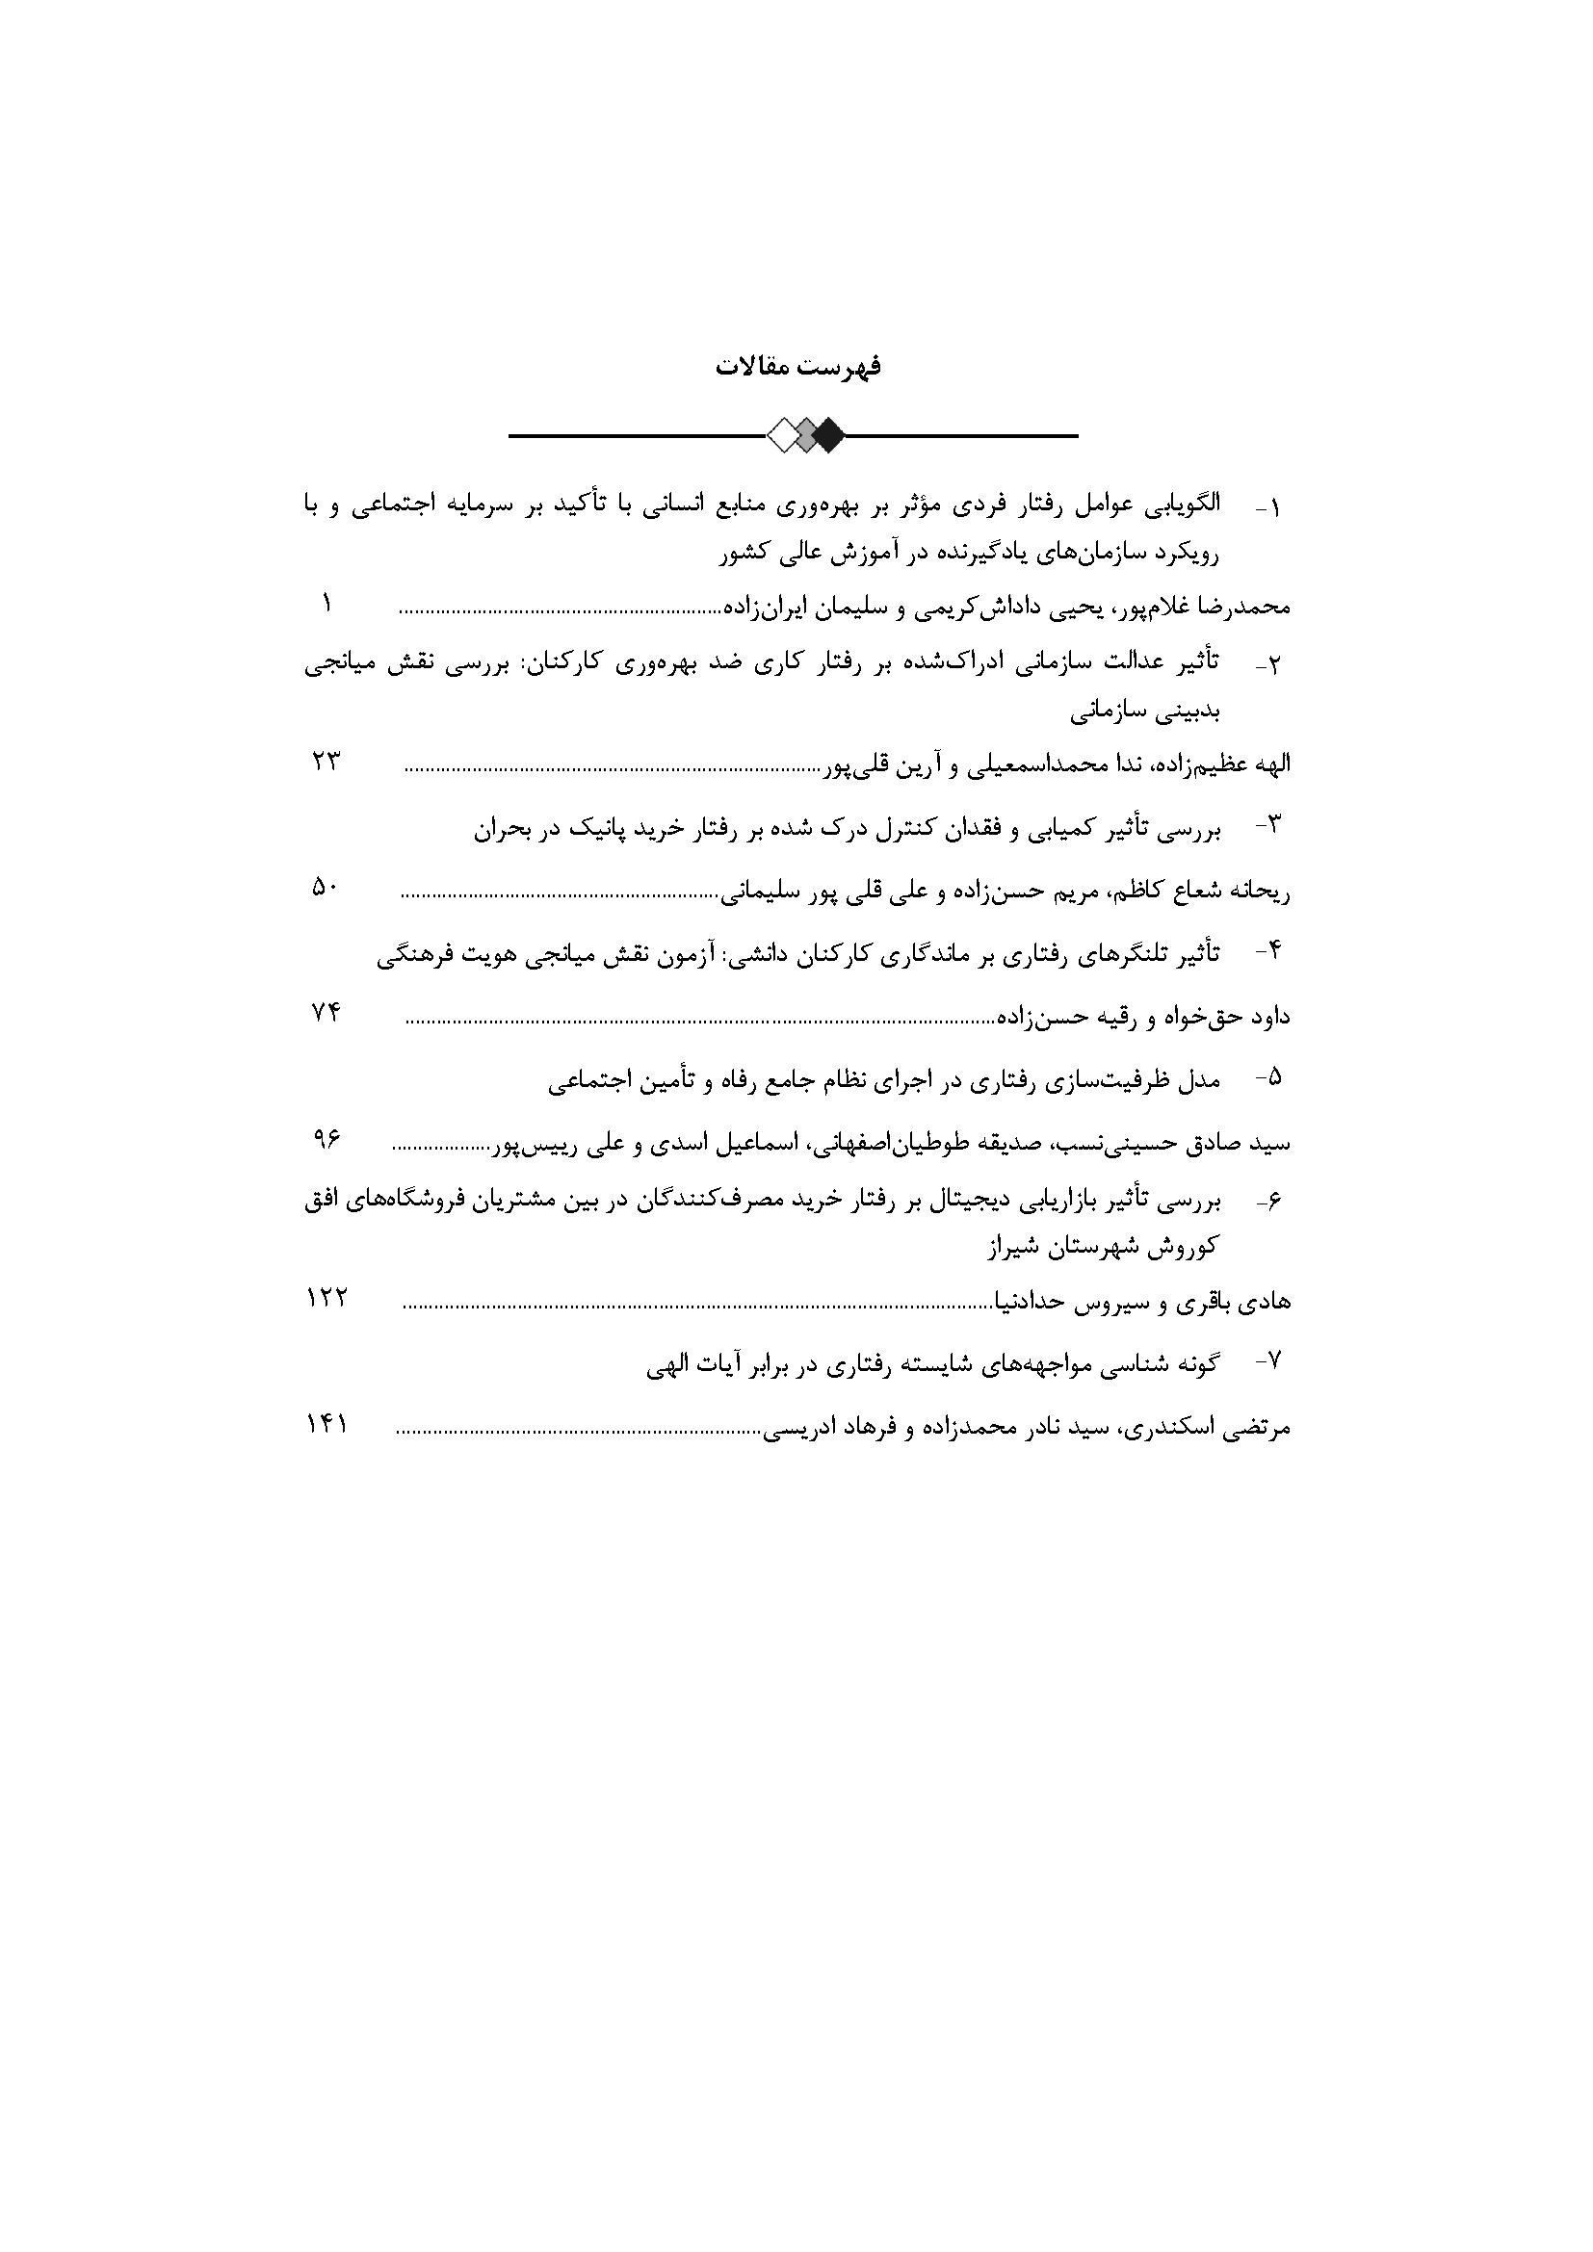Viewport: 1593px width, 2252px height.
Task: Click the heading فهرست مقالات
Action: (797, 367)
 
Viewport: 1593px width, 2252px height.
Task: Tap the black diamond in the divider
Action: (829, 434)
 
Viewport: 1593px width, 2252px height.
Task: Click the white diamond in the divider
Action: (785, 434)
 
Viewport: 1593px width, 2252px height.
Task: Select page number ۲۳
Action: (326, 762)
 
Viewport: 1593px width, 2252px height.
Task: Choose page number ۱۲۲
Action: (326, 1298)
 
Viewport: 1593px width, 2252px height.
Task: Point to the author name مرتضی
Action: (1259, 1428)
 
